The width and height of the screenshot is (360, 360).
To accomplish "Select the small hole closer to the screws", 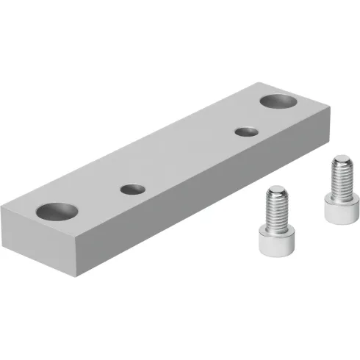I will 243,132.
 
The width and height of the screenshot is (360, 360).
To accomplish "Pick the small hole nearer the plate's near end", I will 132,189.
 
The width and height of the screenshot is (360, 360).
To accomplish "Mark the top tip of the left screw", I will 276,189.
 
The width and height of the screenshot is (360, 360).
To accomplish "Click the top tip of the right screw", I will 340,156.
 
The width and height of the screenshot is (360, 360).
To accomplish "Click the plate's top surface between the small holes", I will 187,160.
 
